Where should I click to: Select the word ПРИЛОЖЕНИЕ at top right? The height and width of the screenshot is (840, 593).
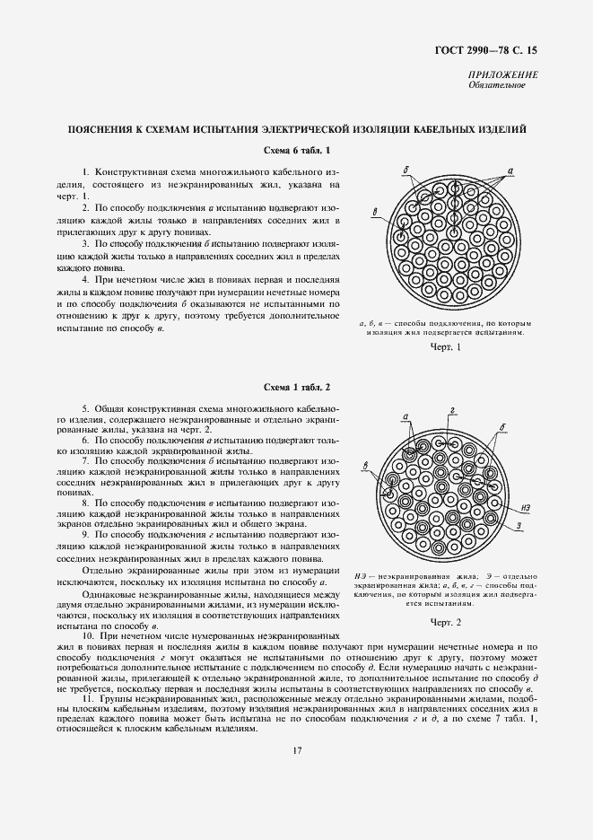502,74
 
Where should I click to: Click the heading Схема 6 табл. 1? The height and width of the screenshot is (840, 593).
298,149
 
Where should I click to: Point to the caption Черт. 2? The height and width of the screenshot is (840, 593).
445,621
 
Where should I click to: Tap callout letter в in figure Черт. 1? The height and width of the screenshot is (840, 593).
374,212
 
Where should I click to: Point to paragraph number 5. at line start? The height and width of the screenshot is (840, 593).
85,407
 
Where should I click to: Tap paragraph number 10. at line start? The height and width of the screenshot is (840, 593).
87,635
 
